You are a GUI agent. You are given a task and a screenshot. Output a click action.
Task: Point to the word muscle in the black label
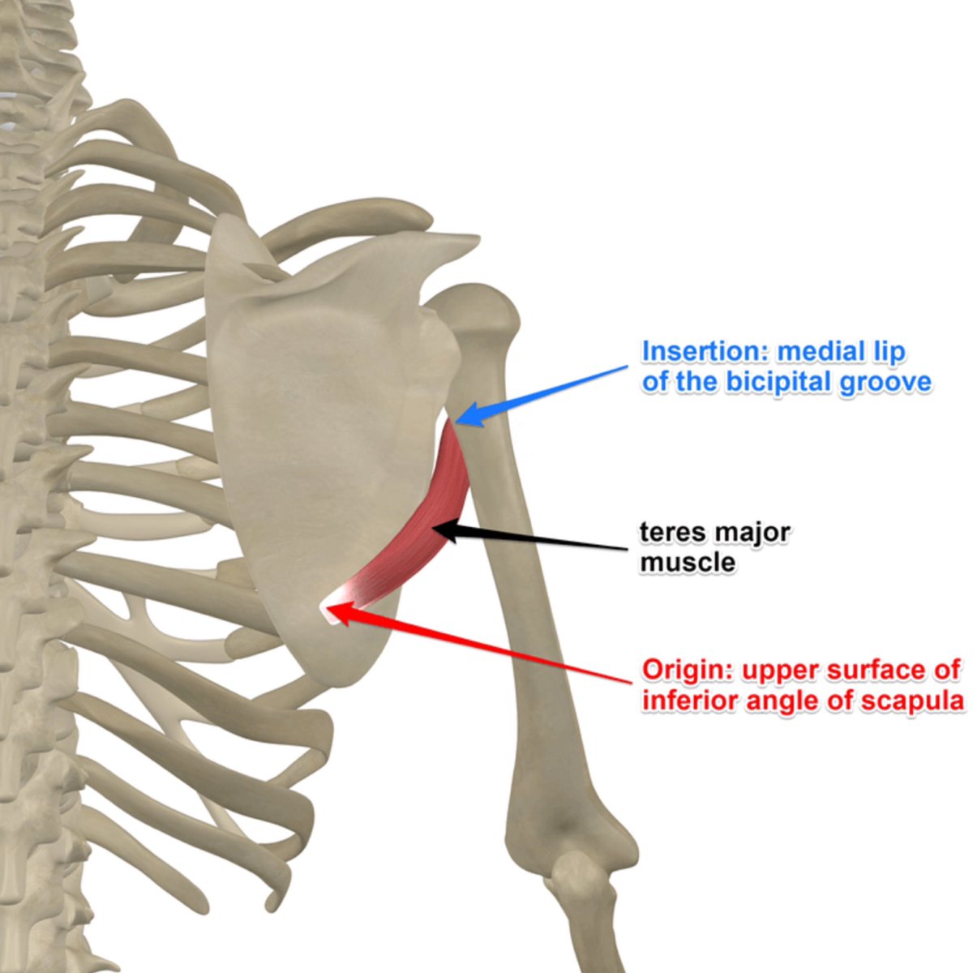click(x=687, y=562)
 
